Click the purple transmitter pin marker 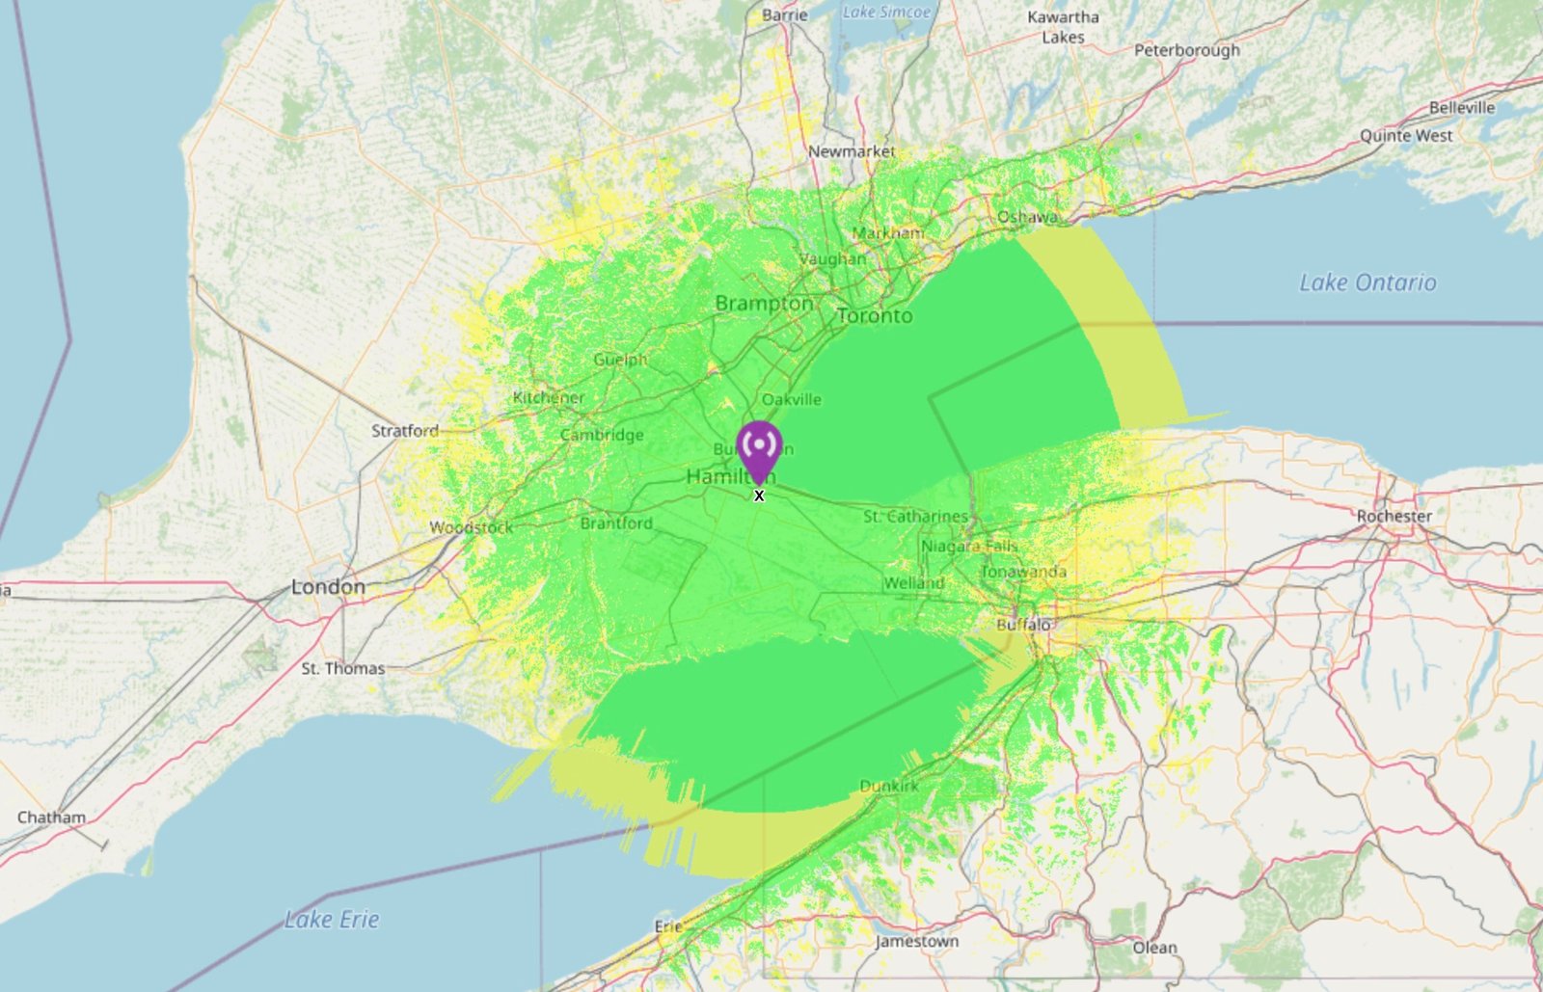click(759, 448)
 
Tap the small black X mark click(759, 496)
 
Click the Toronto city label click(875, 315)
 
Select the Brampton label click(764, 303)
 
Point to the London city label click(328, 586)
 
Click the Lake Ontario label click(1367, 282)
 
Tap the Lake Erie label click(332, 920)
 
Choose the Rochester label click(1394, 516)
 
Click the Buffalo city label click(1023, 625)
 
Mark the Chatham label click(51, 818)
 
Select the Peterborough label click(1187, 50)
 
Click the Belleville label click(1462, 107)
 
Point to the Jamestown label click(917, 941)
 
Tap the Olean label click(1154, 948)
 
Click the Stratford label click(405, 431)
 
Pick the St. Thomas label click(343, 668)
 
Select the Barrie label click(785, 14)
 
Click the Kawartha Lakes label click(1063, 27)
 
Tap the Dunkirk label click(889, 787)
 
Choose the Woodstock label click(472, 527)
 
